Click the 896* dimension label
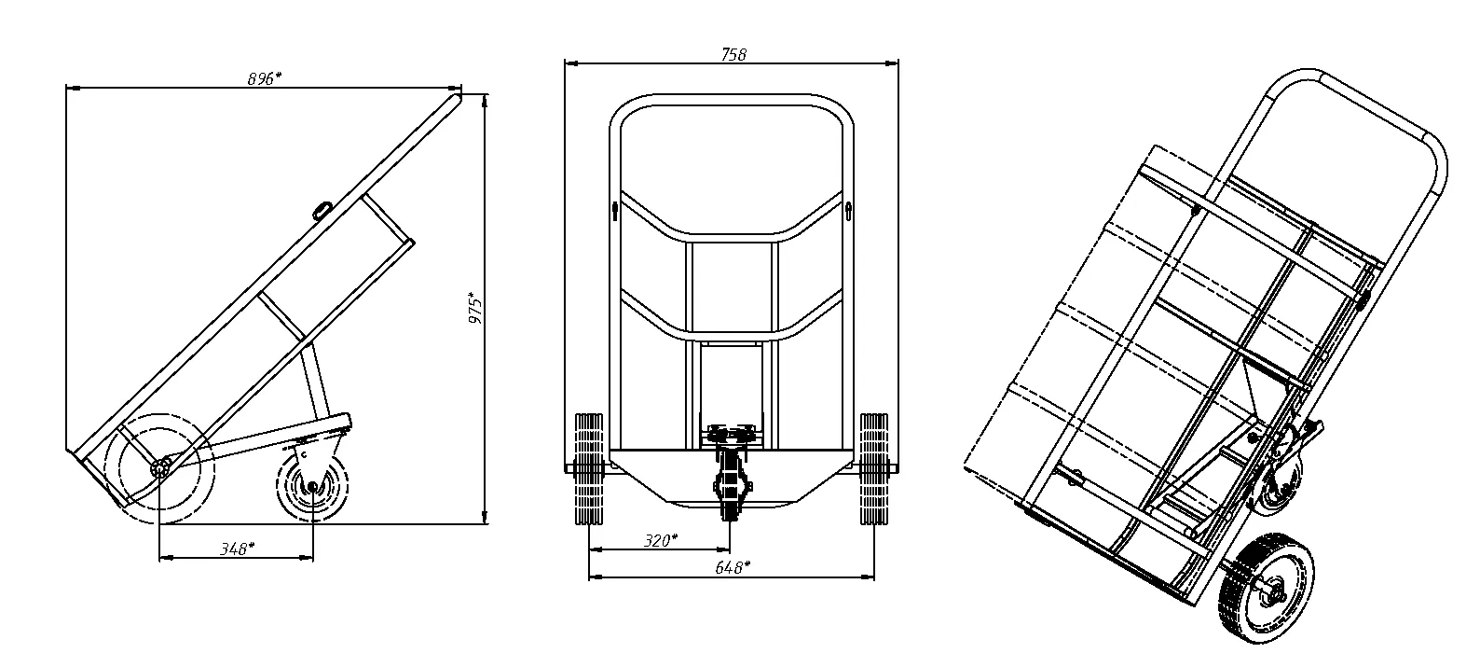264,79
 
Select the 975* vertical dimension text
476,309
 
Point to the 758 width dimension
733,54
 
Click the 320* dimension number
661,540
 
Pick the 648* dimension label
733,566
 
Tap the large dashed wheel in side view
160,468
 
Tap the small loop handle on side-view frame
323,209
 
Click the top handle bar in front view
732,98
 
